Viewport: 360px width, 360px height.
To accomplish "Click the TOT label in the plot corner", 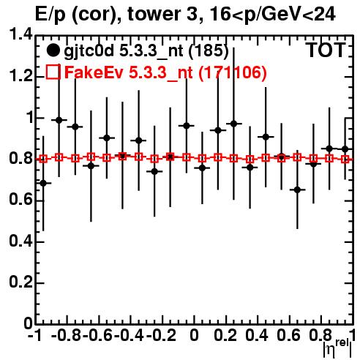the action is point(326,50).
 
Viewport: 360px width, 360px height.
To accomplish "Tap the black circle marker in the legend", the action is point(53,50).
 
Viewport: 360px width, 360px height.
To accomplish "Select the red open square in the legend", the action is point(53,72).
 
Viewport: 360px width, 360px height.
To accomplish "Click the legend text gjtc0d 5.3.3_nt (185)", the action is point(146,51).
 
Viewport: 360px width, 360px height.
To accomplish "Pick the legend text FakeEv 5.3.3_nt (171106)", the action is point(165,72).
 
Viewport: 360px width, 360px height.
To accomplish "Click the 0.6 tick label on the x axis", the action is point(288,336).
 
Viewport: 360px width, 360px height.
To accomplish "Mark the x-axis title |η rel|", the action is point(337,349).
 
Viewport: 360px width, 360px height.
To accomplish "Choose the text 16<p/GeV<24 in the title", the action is point(272,15).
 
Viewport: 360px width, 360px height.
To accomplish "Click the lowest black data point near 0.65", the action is point(297,190).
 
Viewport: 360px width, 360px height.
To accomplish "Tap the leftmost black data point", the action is point(43,183).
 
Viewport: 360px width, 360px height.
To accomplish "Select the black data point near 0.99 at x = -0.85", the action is point(59,120).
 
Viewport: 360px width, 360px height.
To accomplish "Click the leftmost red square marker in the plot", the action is point(43,159).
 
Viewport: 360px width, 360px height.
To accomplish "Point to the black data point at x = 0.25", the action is point(234,124).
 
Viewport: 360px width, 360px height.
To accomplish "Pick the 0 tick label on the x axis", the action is point(194,336).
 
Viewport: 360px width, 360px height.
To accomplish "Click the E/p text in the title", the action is point(50,15).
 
